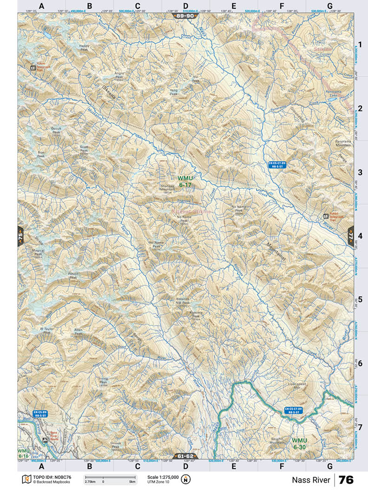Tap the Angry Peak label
tap(119, 75)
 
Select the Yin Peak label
tap(196, 79)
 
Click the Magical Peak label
tap(38, 252)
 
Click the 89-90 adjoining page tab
tap(185, 16)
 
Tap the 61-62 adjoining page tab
tap(185, 456)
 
